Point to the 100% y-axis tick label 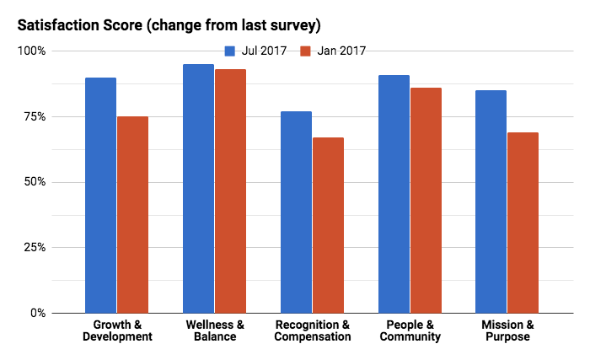(x=33, y=51)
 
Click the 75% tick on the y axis (x=35, y=116)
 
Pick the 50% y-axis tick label (x=35, y=182)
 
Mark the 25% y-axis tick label (x=35, y=248)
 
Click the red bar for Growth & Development (x=132, y=215)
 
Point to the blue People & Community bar (x=394, y=194)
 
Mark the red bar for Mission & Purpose (x=523, y=223)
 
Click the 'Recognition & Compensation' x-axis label (x=312, y=330)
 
